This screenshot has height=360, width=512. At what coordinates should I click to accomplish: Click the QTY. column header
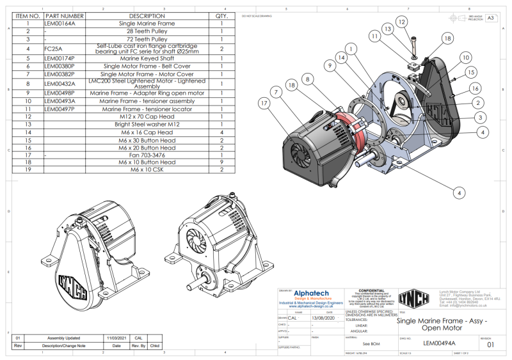coord(221,15)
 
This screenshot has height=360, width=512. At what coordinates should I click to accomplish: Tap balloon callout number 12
coord(402,22)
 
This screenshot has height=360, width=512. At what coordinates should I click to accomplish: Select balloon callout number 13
coord(387,29)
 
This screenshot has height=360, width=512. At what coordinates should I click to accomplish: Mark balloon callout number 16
coord(476,88)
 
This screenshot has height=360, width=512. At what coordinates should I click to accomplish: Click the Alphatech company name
coord(311,293)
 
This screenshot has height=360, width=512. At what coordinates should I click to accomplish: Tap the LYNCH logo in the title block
coord(413,298)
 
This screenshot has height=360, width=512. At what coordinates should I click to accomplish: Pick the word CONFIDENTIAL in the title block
coord(367,290)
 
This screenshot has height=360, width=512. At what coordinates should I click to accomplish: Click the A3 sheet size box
coord(491,19)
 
